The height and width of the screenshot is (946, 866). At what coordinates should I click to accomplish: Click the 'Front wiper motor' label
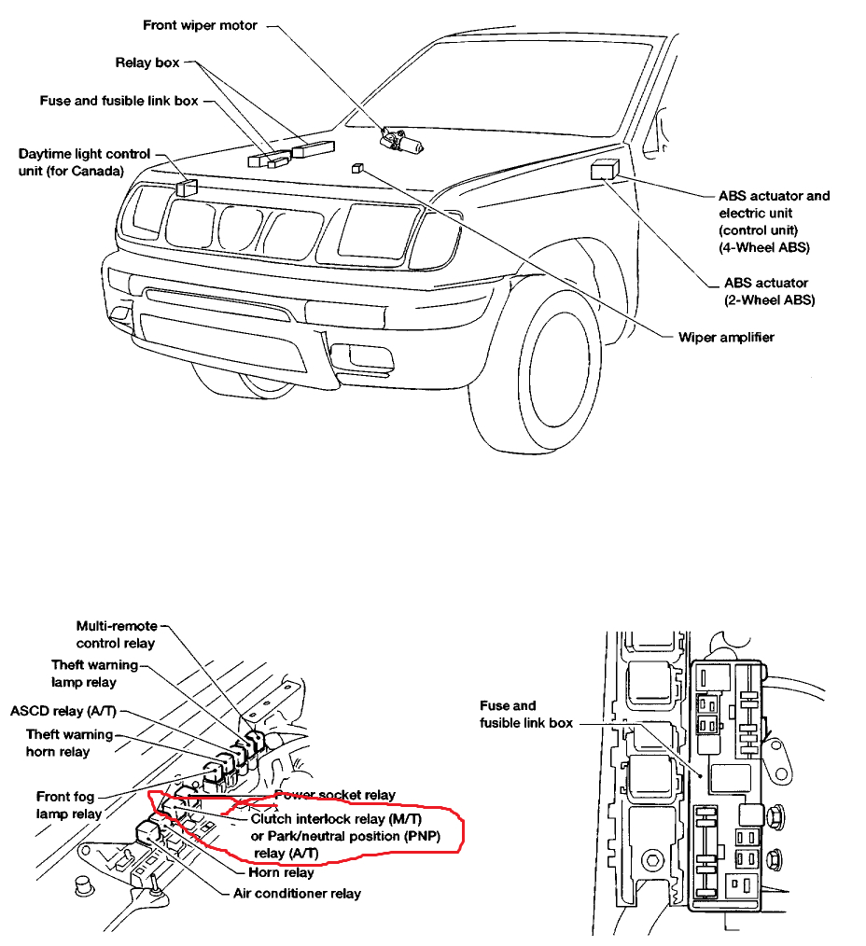coord(200,25)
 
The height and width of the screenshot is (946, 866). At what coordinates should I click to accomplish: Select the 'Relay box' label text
coord(147,63)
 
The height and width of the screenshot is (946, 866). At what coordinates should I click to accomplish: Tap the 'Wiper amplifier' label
coord(726,337)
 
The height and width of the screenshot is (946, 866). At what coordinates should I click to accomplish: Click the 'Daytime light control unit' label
coord(84,162)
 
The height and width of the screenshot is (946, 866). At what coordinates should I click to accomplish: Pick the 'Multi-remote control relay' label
coord(117,634)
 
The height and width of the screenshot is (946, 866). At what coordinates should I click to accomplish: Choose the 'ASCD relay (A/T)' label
coord(63,712)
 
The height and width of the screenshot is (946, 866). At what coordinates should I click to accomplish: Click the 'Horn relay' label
coord(281,873)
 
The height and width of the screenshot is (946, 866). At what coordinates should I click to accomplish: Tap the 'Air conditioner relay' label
coord(297,894)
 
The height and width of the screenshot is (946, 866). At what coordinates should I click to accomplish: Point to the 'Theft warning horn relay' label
coord(70,744)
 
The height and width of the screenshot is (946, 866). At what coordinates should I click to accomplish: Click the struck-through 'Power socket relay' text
coord(335,795)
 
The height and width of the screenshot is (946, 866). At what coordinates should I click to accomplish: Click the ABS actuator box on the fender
coord(603,170)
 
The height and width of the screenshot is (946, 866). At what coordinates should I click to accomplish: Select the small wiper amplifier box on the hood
coord(356,168)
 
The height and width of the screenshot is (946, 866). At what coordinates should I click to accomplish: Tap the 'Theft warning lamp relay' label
coord(95,674)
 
